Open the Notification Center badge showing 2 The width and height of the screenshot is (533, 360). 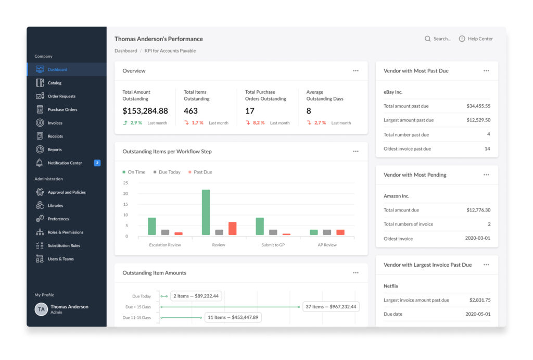[97, 163]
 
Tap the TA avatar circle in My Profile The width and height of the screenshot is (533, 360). [41, 309]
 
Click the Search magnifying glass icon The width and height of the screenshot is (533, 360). [427, 39]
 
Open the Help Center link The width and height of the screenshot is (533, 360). [476, 39]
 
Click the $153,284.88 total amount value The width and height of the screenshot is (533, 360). [145, 111]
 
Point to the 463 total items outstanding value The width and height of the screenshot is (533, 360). [191, 111]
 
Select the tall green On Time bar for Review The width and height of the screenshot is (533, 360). [206, 213]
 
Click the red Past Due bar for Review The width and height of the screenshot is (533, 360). [233, 228]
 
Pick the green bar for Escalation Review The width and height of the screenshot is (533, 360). [152, 226]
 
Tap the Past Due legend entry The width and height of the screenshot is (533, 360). [200, 172]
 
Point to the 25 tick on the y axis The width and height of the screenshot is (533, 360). [125, 183]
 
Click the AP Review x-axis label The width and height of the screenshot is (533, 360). [327, 245]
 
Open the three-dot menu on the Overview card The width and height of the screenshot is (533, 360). [356, 71]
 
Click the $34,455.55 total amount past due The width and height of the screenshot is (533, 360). [478, 106]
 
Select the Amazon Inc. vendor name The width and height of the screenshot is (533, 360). [396, 196]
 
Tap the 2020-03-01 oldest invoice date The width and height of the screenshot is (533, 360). [478, 238]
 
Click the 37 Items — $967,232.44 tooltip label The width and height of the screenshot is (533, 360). [331, 307]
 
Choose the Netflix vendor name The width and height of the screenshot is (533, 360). [391, 286]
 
